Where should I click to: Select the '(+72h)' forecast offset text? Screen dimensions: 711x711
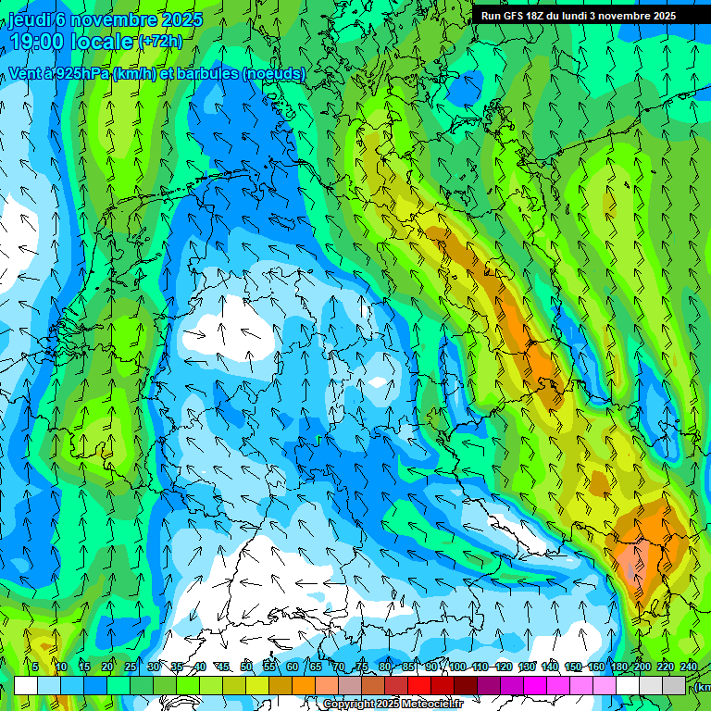coord(161,42)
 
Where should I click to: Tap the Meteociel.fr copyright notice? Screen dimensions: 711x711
coord(393,705)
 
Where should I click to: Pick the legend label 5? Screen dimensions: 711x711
coord(35,667)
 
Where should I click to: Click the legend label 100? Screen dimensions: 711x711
coord(456,667)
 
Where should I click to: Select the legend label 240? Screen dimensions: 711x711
coord(688,667)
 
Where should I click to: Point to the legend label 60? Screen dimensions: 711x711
coord(293,667)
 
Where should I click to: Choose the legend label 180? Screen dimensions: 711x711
coord(619,667)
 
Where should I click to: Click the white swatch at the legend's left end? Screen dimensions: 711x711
coord(26,685)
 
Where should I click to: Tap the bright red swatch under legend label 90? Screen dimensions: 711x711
coord(419,685)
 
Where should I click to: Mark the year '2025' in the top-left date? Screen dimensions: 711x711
coord(159,19)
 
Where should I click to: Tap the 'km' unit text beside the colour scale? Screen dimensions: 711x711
coord(704,687)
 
